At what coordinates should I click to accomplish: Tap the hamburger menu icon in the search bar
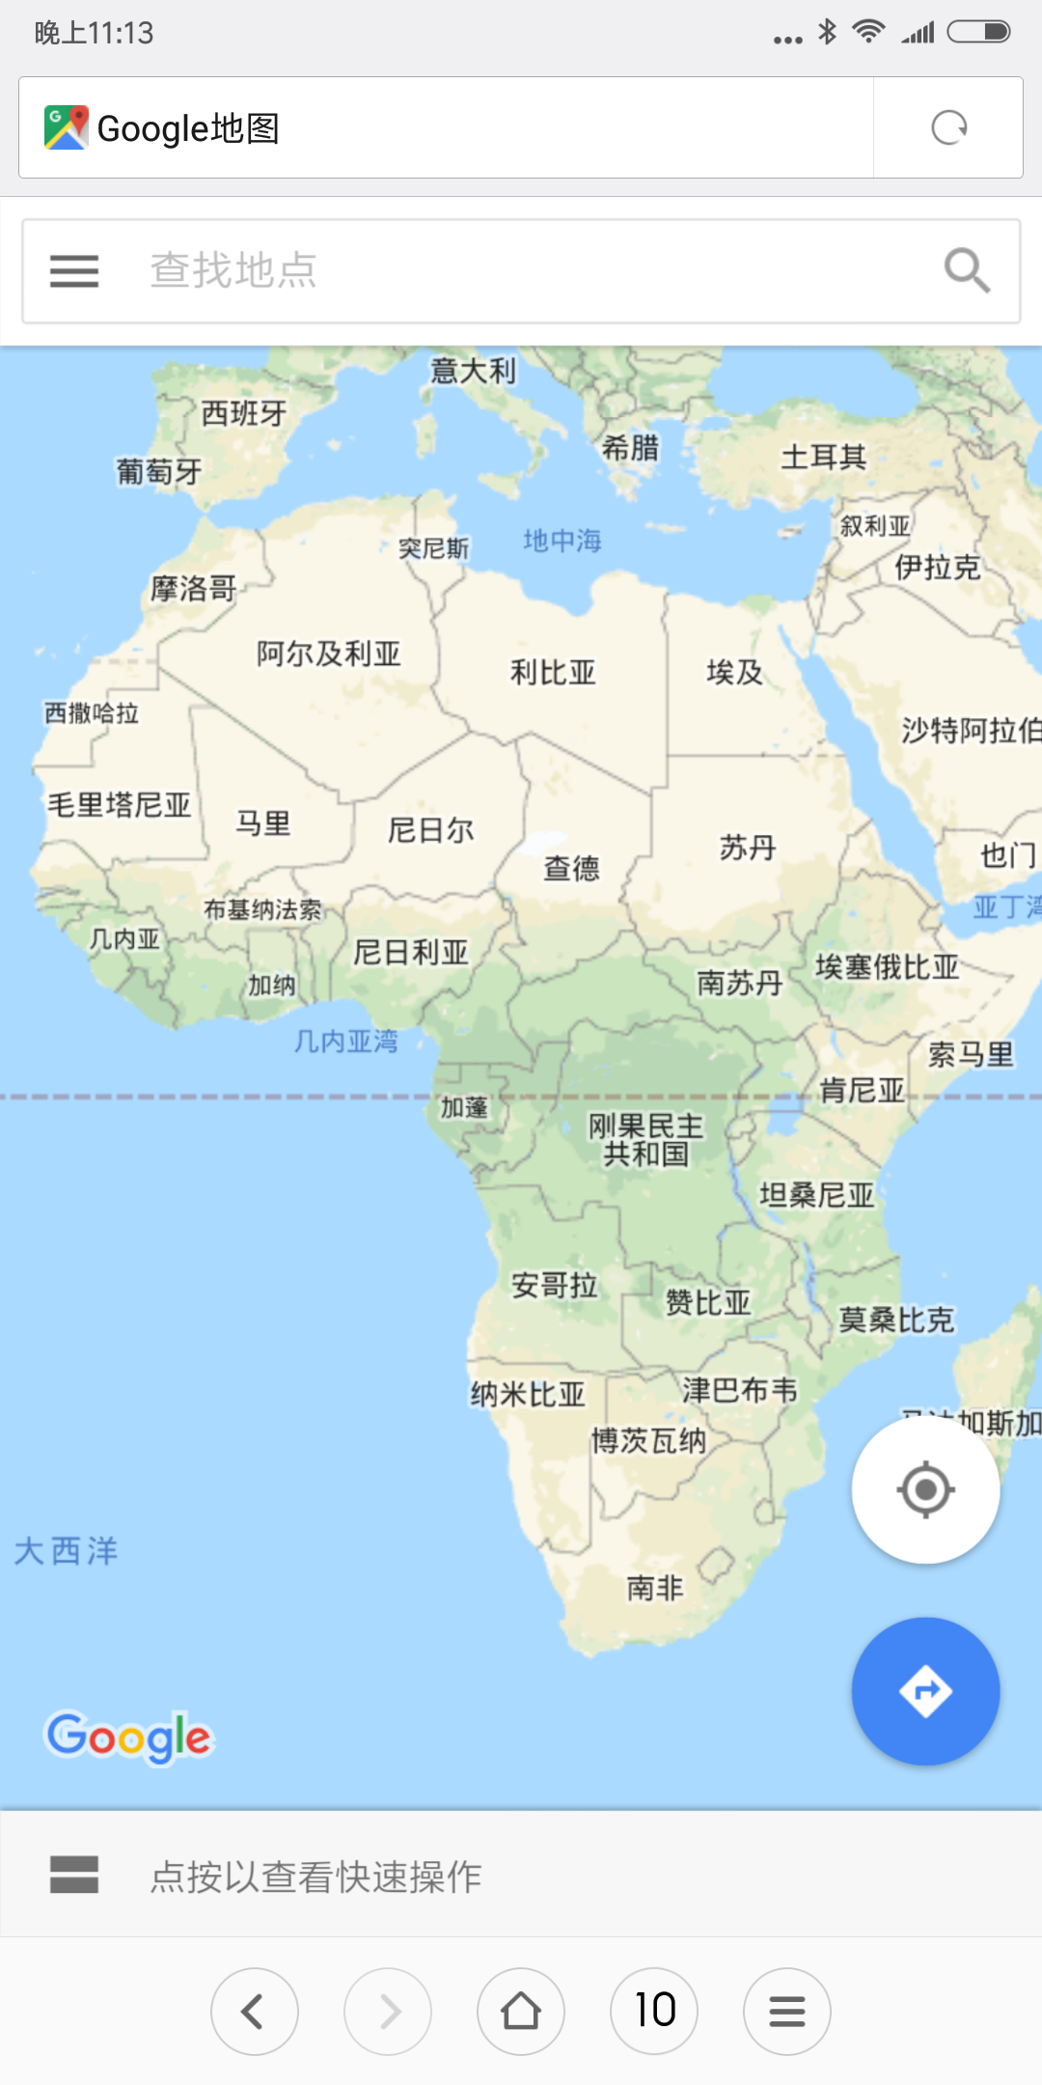pos(74,271)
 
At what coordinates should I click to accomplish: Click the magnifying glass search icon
pos(967,270)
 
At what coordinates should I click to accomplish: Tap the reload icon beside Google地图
pos(949,127)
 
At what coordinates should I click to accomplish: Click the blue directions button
pos(925,1691)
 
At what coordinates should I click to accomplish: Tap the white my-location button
pos(925,1489)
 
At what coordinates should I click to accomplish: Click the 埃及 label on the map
pos(734,672)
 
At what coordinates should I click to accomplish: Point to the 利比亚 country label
pos(553,672)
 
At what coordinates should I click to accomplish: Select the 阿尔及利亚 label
pos(328,653)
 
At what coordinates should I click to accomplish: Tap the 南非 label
pos(655,1588)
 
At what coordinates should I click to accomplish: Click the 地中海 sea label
pos(562,541)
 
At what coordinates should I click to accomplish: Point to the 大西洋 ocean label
pos(66,1551)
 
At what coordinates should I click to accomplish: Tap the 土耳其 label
pos(823,457)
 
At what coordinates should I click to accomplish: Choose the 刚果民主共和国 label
pos(646,1140)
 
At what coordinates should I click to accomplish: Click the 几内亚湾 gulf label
pos(345,1041)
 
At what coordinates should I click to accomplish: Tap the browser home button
pos(521,2012)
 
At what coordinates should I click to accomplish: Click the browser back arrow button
pos(254,2012)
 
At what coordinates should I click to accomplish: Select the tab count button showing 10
pos(654,2012)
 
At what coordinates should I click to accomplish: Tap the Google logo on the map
pos(129,1737)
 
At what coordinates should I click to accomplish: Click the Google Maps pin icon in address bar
pos(66,127)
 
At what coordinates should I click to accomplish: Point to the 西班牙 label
pos(243,413)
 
